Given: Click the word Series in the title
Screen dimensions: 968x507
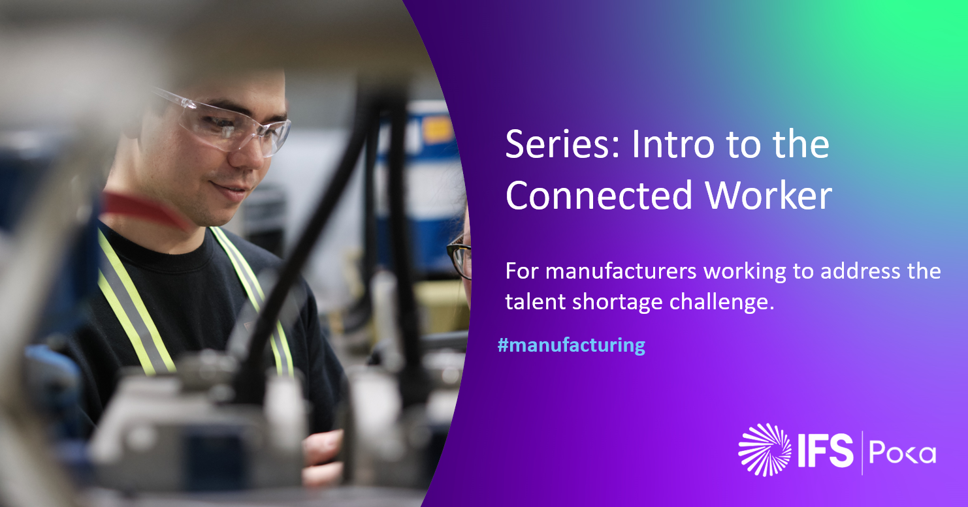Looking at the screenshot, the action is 563,144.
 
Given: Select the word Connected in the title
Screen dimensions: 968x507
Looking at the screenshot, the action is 600,195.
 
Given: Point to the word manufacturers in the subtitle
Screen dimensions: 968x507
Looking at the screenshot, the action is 621,271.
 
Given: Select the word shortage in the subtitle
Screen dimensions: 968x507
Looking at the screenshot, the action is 617,302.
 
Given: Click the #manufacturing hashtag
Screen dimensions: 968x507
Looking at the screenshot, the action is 572,345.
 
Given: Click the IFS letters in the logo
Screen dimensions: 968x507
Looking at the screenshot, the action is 826,451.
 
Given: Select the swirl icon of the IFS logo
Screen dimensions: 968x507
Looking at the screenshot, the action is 764,450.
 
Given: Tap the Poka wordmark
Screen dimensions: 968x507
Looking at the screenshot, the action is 902,452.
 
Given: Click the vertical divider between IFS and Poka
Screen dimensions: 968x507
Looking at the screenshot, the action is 862,453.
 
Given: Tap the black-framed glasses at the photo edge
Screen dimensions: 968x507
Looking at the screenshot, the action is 459,258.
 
